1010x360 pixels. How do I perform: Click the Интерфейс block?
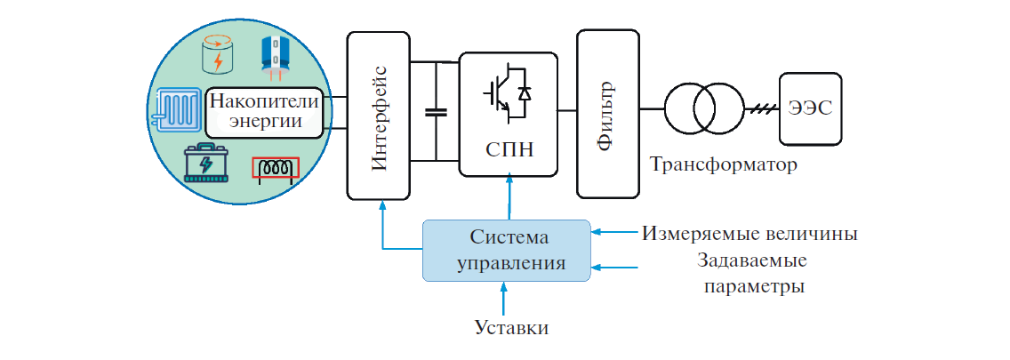pos(381,115)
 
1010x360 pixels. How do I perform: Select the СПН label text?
pos(509,148)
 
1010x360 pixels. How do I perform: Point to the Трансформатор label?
pos(723,165)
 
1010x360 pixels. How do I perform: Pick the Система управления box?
pos(505,251)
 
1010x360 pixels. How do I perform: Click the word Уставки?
pos(511,328)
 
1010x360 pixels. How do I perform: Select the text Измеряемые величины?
pos(749,235)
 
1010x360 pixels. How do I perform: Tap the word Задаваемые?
pos(752,263)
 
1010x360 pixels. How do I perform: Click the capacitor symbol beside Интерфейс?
pos(436,112)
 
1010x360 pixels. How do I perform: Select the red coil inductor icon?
pos(276,168)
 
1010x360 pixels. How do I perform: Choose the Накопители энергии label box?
pos(263,113)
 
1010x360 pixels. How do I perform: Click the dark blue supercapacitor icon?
pos(279,56)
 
